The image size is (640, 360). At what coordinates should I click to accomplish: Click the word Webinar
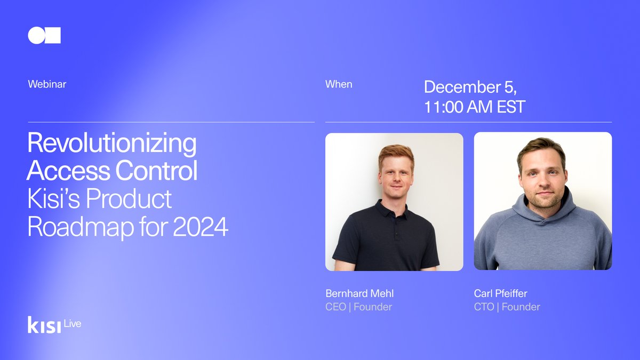[47, 84]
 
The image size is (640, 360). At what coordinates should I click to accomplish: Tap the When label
[339, 84]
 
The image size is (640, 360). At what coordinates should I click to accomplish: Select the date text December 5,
[470, 87]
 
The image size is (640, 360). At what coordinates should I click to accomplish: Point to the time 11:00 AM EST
[475, 107]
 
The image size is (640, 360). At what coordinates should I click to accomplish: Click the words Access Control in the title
[112, 172]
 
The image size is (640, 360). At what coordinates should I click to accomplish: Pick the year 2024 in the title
[201, 227]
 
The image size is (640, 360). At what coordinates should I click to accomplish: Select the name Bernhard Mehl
[359, 293]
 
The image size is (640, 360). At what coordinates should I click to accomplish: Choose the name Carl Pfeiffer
[500, 293]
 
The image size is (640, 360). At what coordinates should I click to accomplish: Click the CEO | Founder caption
[358, 307]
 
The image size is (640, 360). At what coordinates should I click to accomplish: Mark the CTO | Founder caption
[507, 307]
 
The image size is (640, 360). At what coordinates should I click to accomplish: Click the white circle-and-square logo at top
[44, 36]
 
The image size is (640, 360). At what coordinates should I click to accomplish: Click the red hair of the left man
[396, 153]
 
